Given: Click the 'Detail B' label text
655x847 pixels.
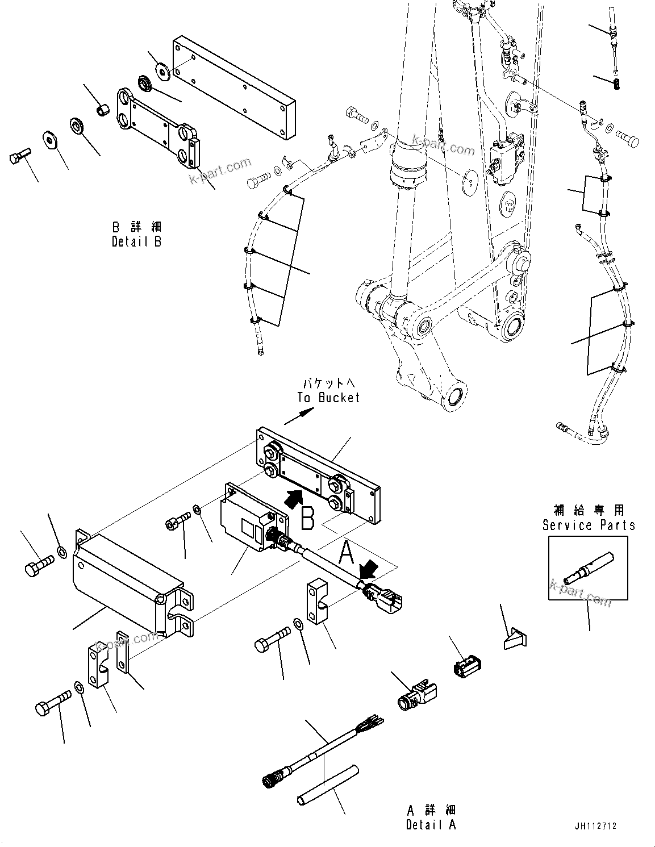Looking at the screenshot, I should (x=136, y=241).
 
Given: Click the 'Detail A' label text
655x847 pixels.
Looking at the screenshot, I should (x=431, y=824).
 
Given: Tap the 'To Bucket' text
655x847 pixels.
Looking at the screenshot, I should (x=328, y=398).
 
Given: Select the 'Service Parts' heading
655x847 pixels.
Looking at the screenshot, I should (x=589, y=525).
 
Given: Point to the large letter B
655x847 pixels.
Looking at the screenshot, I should (x=307, y=518).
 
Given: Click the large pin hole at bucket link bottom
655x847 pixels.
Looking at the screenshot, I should (x=456, y=396).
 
